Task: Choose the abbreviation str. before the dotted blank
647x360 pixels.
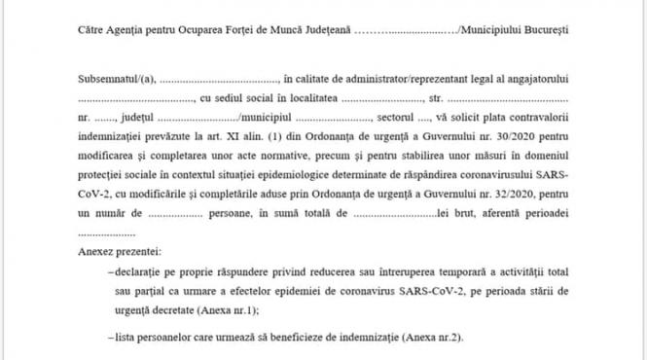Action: click(x=436, y=98)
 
